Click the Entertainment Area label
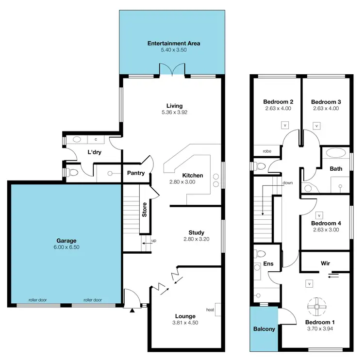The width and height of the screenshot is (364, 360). [x=174, y=43]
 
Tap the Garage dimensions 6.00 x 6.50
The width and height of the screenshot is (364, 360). [x=66, y=247]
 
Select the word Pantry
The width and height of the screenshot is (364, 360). [x=136, y=173]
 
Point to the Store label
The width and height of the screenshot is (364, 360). [x=145, y=209]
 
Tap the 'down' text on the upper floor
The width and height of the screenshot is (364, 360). [x=287, y=183]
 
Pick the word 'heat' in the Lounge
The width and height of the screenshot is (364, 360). [x=210, y=310]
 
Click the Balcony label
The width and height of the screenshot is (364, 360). [x=265, y=329]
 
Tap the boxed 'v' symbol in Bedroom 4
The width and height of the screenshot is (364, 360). [x=319, y=214]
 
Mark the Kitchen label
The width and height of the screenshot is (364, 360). [x=193, y=176]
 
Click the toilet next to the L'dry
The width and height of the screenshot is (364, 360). [x=72, y=172]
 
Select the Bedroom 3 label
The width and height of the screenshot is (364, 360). [x=326, y=102]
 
